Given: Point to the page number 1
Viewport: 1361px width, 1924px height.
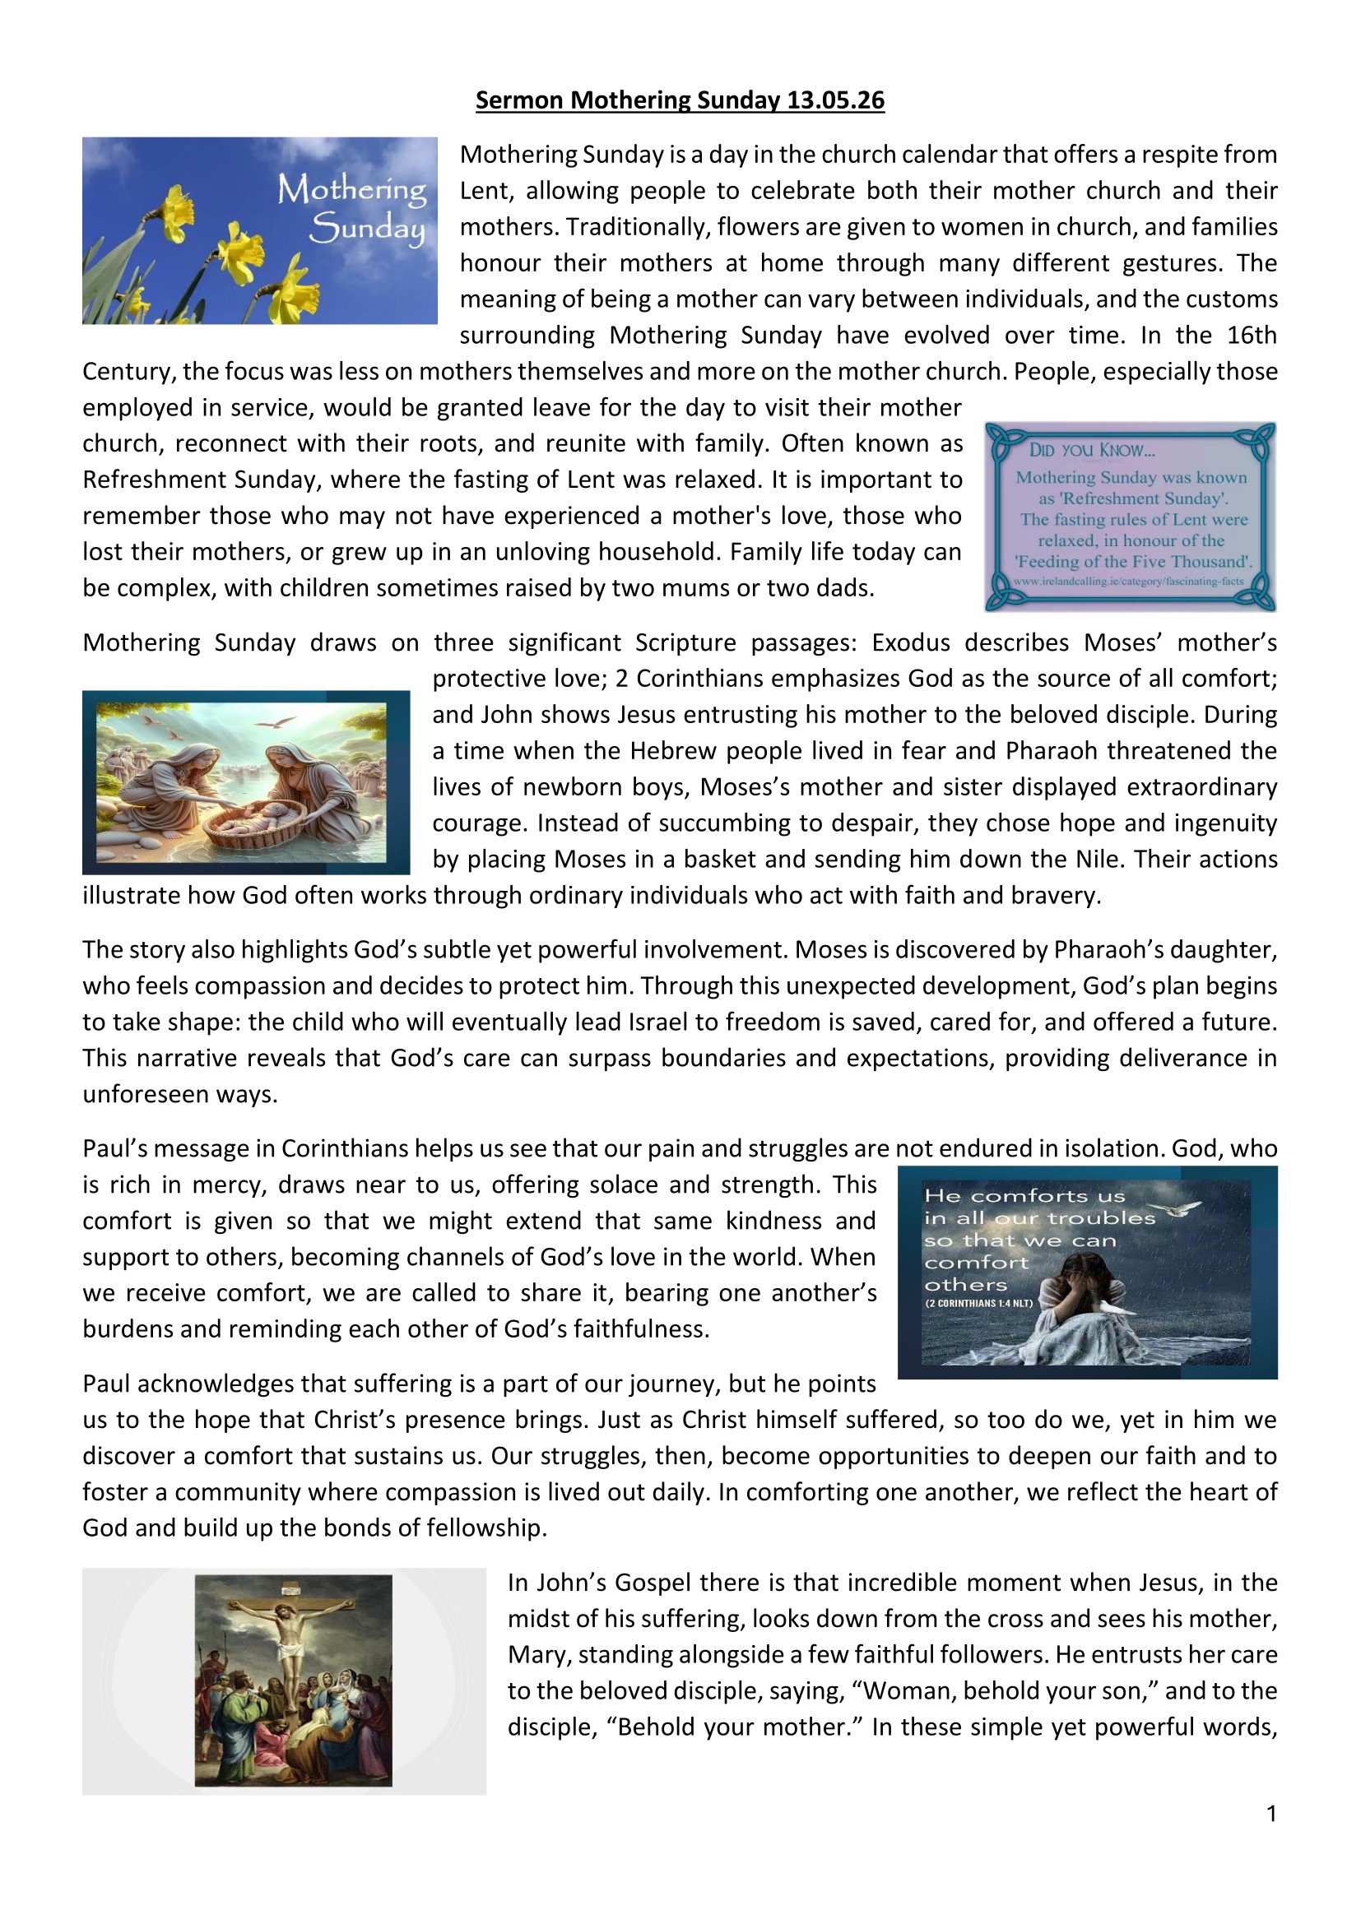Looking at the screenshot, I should coord(1271,1814).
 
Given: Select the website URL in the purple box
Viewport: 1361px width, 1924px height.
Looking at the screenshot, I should coord(1128,581).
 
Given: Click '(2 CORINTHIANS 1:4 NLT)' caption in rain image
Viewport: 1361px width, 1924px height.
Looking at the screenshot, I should coord(979,1303).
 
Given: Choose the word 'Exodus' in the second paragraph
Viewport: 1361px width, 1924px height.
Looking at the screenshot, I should coord(909,642).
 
